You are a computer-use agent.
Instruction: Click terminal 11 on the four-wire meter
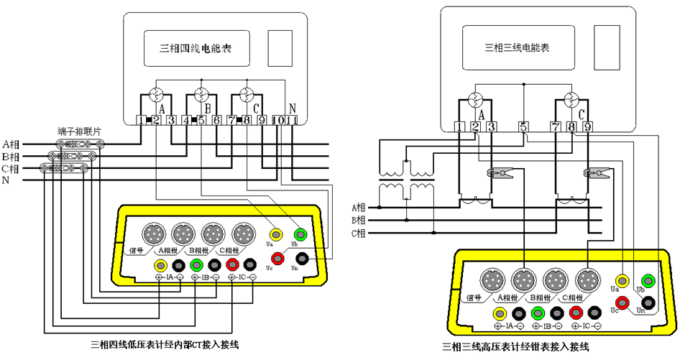click(x=292, y=121)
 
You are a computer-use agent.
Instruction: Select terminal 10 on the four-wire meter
click(x=278, y=121)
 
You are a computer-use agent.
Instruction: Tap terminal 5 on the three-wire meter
click(x=523, y=127)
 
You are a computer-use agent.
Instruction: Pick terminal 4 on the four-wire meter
click(x=187, y=121)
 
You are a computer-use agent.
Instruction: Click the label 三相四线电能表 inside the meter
click(x=195, y=49)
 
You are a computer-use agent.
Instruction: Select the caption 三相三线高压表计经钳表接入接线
click(x=516, y=348)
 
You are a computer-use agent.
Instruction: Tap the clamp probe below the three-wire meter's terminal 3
click(x=497, y=173)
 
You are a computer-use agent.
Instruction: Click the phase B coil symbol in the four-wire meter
click(x=202, y=94)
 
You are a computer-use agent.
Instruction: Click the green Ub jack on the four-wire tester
click(x=300, y=234)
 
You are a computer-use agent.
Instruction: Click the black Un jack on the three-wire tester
click(x=648, y=304)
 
